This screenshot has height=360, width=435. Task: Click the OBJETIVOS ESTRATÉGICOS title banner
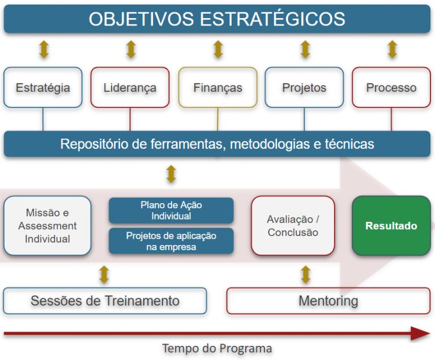coord(217,19)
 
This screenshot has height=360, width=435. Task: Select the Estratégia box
coord(43,88)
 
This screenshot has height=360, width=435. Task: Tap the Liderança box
coord(130,88)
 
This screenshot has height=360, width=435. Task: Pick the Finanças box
coord(217,88)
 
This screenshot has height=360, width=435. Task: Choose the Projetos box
coord(304,88)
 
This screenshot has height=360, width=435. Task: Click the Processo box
coord(391,88)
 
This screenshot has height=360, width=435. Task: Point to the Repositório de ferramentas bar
coord(217,144)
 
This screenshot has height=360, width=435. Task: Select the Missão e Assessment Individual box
coord(48,226)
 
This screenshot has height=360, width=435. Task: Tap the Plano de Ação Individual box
coord(171,211)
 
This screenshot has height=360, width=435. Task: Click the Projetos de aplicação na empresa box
coord(171,241)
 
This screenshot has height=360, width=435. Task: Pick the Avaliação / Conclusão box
coord(293,226)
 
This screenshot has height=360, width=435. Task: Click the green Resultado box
coord(391,226)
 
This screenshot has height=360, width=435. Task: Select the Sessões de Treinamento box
coord(105,301)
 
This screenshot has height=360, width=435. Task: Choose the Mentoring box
coord(328,301)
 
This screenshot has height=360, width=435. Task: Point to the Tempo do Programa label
coord(217,348)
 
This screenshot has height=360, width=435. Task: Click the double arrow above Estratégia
coord(44,49)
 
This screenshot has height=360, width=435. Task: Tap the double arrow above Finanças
coord(218,49)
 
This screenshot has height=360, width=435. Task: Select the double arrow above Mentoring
coord(306,275)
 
